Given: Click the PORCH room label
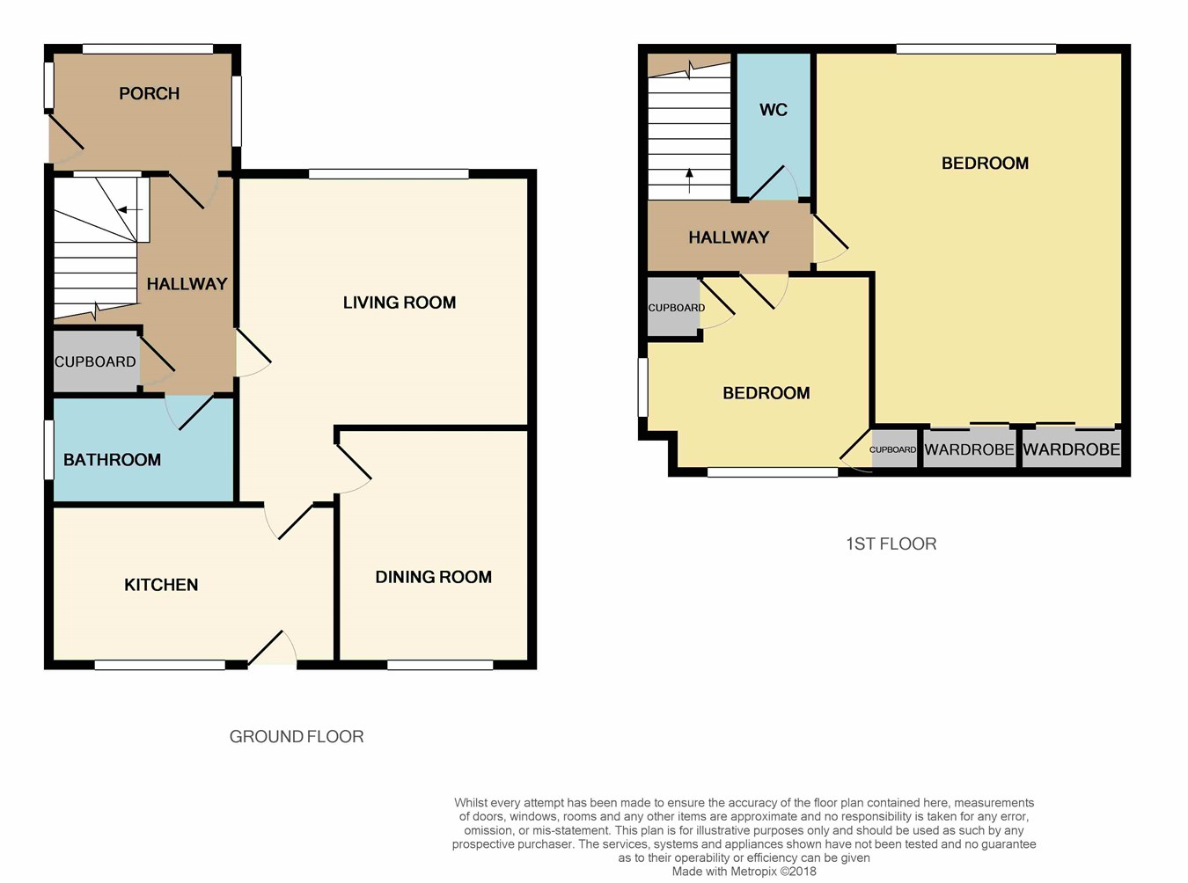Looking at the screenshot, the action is tap(149, 94).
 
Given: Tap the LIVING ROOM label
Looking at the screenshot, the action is tap(400, 303).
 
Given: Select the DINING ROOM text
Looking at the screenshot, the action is tap(433, 577).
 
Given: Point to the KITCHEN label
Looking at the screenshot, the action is tap(161, 585).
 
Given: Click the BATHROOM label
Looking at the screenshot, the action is tap(112, 459).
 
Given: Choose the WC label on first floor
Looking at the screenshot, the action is tap(774, 110).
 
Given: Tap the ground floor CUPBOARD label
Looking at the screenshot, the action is tap(95, 362).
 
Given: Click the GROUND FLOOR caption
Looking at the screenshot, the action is tap(297, 737).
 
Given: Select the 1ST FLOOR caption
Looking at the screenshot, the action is tap(891, 544).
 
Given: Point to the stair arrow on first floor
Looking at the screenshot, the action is tap(689, 180).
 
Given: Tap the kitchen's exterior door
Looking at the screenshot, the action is tap(272, 648).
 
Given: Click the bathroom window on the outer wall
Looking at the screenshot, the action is tap(48, 449).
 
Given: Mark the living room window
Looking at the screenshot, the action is tap(389, 173).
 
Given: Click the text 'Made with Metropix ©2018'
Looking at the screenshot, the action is tap(744, 872).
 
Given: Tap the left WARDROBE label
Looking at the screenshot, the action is tap(970, 449).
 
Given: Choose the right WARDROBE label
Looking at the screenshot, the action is tap(1072, 449).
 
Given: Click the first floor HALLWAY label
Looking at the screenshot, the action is tap(729, 237).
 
